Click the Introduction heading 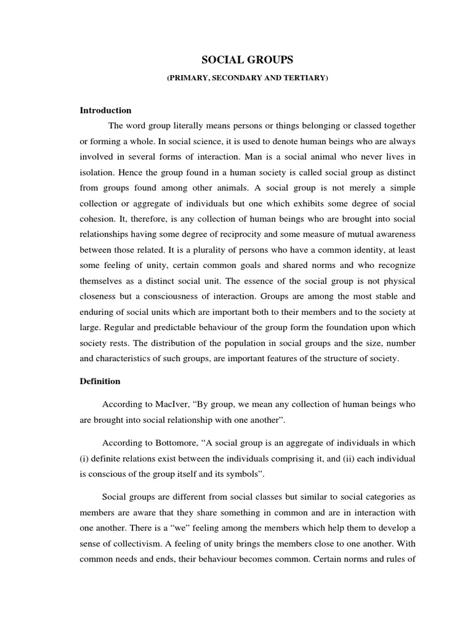[x=106, y=110]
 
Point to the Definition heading [x=100, y=381]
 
